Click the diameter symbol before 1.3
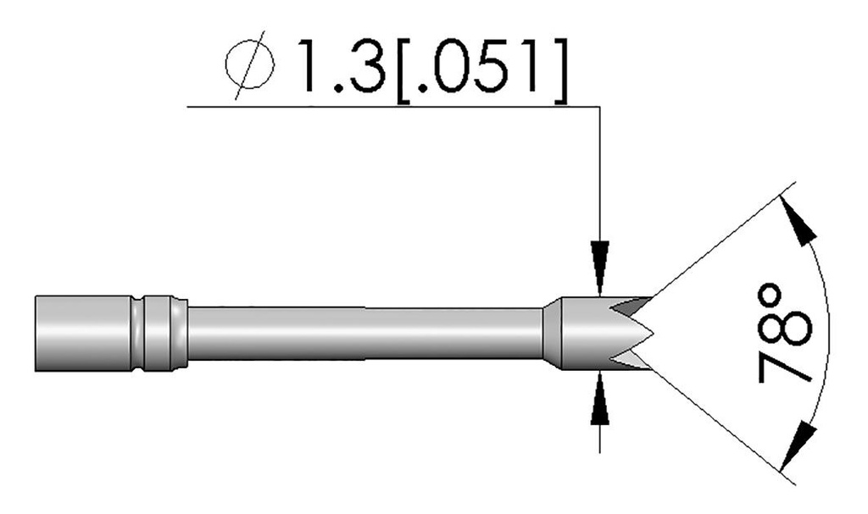click(253, 69)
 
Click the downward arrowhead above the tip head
click(600, 259)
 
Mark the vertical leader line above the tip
click(600, 169)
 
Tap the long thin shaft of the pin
click(364, 333)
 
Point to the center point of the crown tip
click(653, 334)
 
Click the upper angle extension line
click(721, 237)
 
